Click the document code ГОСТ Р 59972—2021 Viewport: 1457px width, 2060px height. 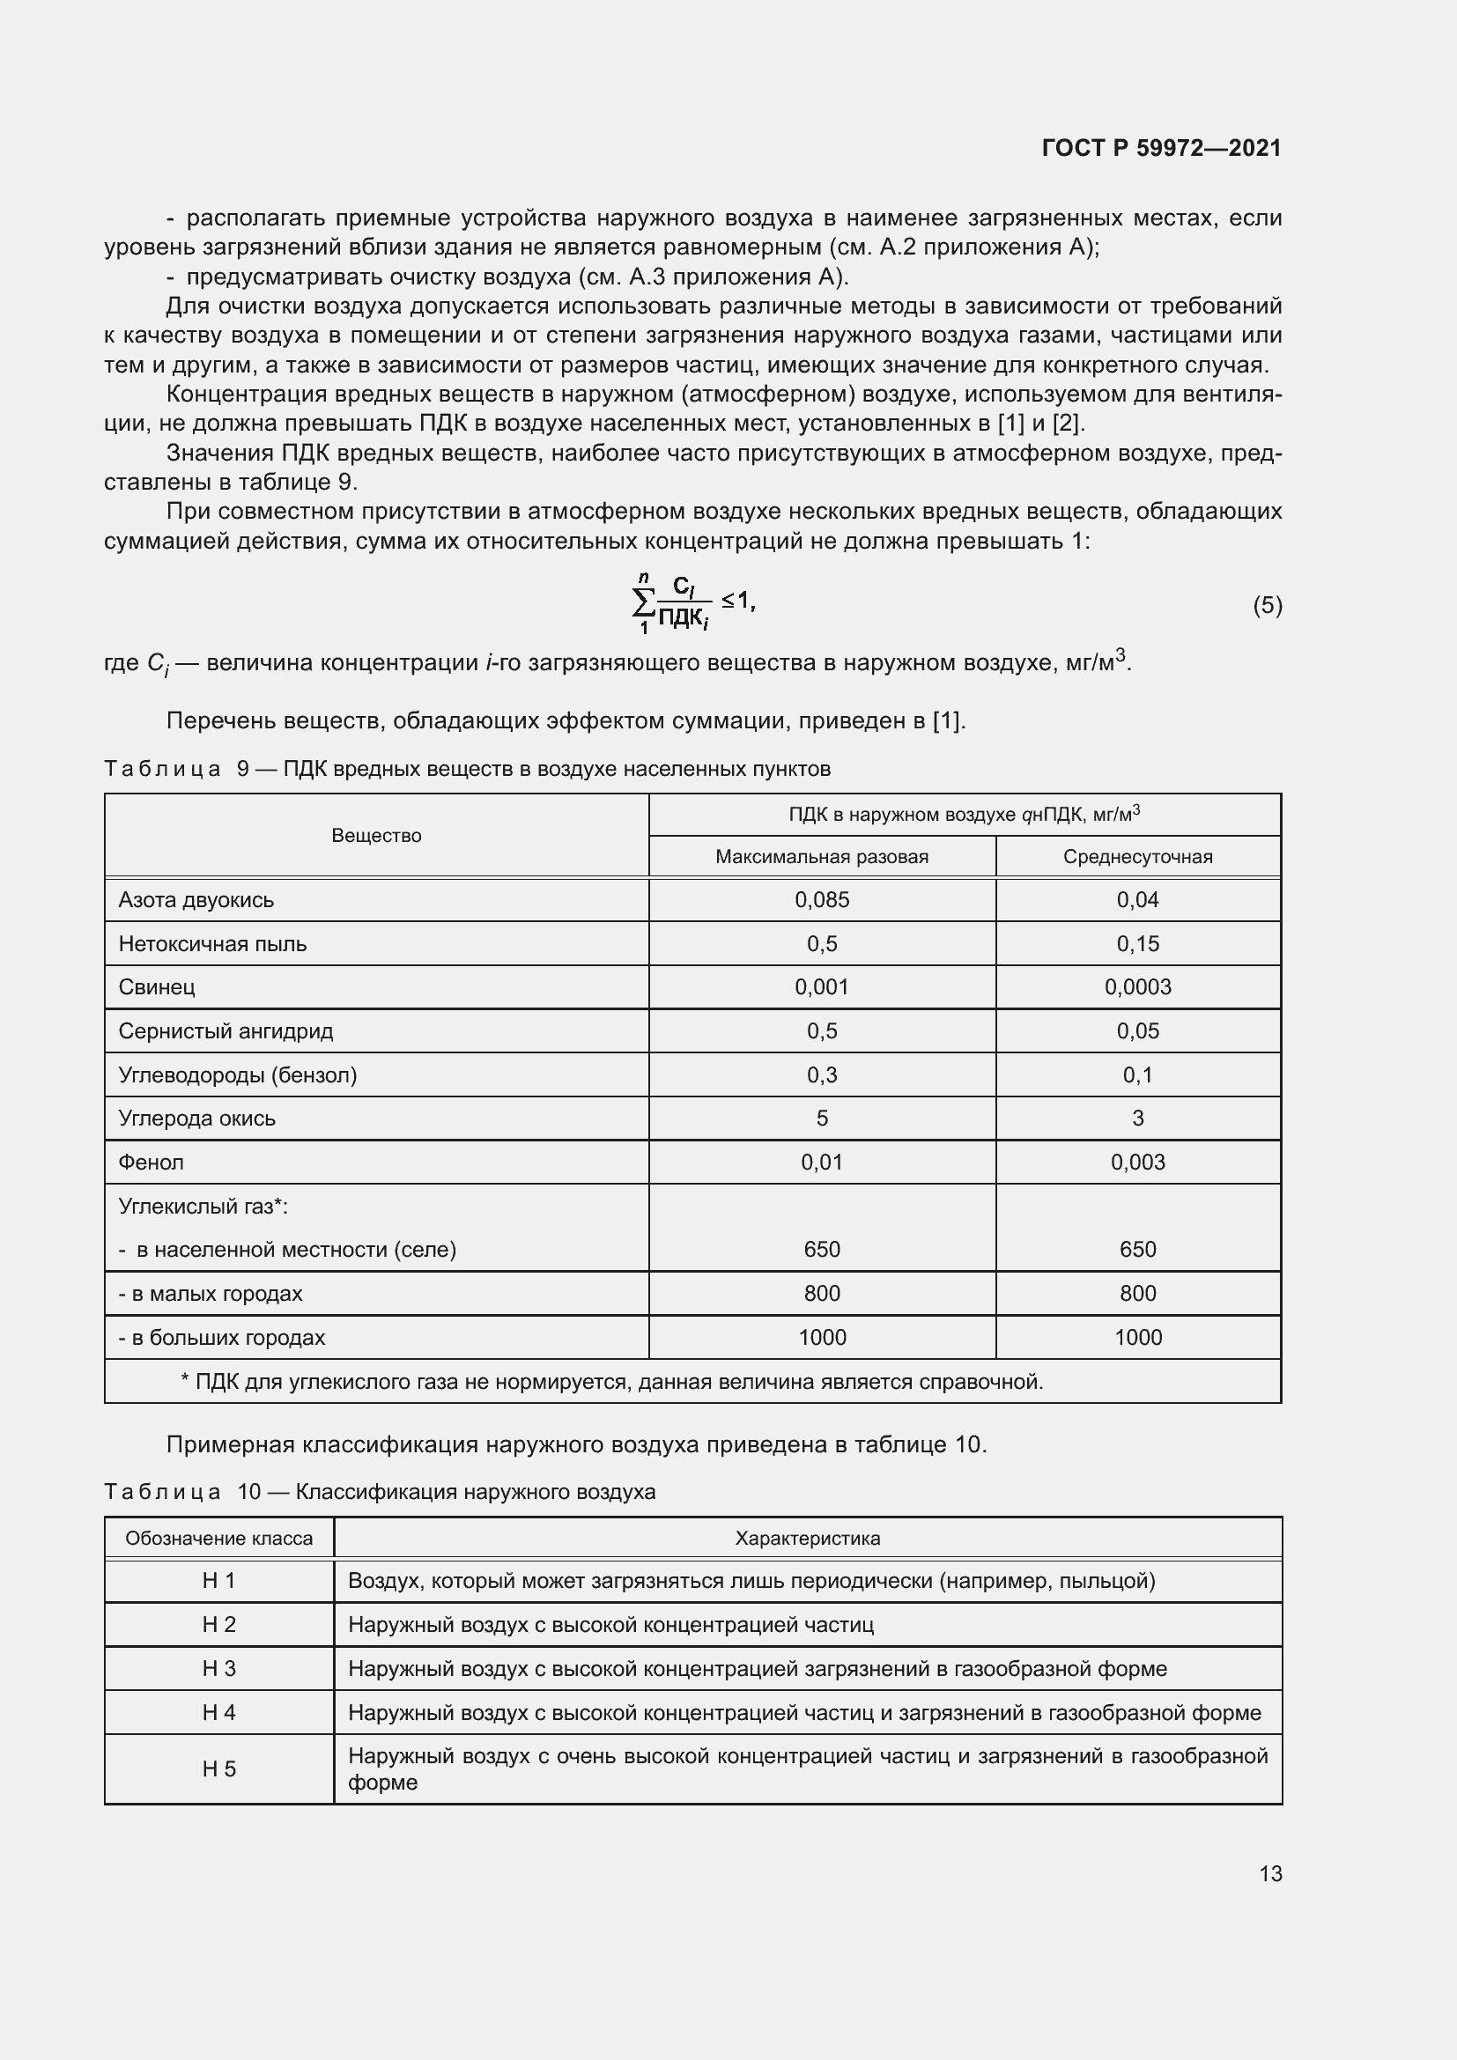(1161, 148)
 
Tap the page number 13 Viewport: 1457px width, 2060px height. (1269, 1873)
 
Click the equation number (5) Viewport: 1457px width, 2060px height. (1267, 606)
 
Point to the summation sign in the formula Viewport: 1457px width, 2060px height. (643, 604)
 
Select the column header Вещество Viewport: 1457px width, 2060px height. (376, 835)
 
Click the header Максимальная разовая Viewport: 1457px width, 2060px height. (821, 857)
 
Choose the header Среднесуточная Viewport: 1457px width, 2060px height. (1136, 857)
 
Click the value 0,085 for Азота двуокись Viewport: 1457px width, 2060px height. (821, 900)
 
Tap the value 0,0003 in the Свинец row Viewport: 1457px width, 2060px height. (1136, 987)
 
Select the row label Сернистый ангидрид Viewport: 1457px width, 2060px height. (226, 1031)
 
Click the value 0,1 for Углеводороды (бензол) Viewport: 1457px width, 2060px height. (1136, 1074)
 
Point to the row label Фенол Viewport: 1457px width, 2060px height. (151, 1162)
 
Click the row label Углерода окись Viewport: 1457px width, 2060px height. (196, 1118)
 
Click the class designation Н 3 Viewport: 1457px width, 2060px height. (219, 1668)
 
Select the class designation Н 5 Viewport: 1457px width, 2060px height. (219, 1768)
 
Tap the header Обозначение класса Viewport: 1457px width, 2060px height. (219, 1539)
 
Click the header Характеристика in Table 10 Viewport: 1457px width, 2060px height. (807, 1539)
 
